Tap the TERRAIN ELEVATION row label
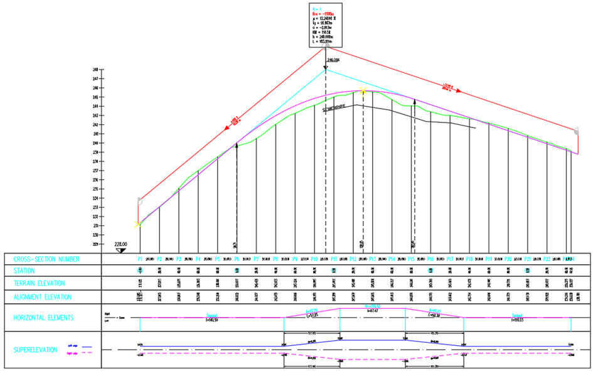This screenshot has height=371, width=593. (44, 284)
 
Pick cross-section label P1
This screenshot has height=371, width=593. (140, 259)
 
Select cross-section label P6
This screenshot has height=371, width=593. (237, 259)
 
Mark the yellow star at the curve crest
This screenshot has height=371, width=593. (363, 92)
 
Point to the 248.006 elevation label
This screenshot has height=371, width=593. (333, 60)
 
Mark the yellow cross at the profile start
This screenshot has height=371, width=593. (138, 224)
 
